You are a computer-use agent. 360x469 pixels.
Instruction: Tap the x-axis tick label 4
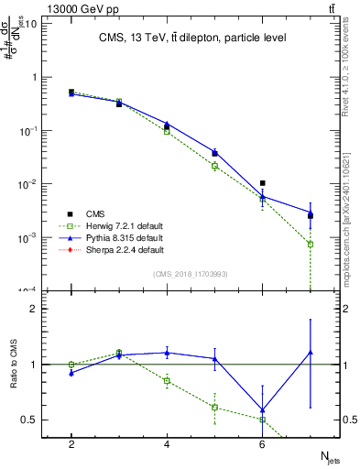pyautogui.click(x=167, y=443)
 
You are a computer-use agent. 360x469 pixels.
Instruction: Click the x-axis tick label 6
pyautogui.click(x=262, y=443)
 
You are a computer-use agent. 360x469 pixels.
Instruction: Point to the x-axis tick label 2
pyautogui.click(x=71, y=443)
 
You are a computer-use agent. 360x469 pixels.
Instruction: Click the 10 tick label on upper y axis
pyautogui.click(x=29, y=24)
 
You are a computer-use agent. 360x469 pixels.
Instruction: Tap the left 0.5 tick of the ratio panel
pyautogui.click(x=31, y=420)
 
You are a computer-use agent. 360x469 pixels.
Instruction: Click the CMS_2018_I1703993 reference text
pyautogui.click(x=191, y=273)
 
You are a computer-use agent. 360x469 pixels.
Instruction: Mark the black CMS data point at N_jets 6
pyautogui.click(x=262, y=183)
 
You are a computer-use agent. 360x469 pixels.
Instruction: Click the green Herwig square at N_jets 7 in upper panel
pyautogui.click(x=311, y=245)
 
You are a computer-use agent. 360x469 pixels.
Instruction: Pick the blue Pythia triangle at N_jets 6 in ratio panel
pyautogui.click(x=262, y=410)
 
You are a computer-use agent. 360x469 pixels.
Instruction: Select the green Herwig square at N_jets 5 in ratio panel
pyautogui.click(x=214, y=407)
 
